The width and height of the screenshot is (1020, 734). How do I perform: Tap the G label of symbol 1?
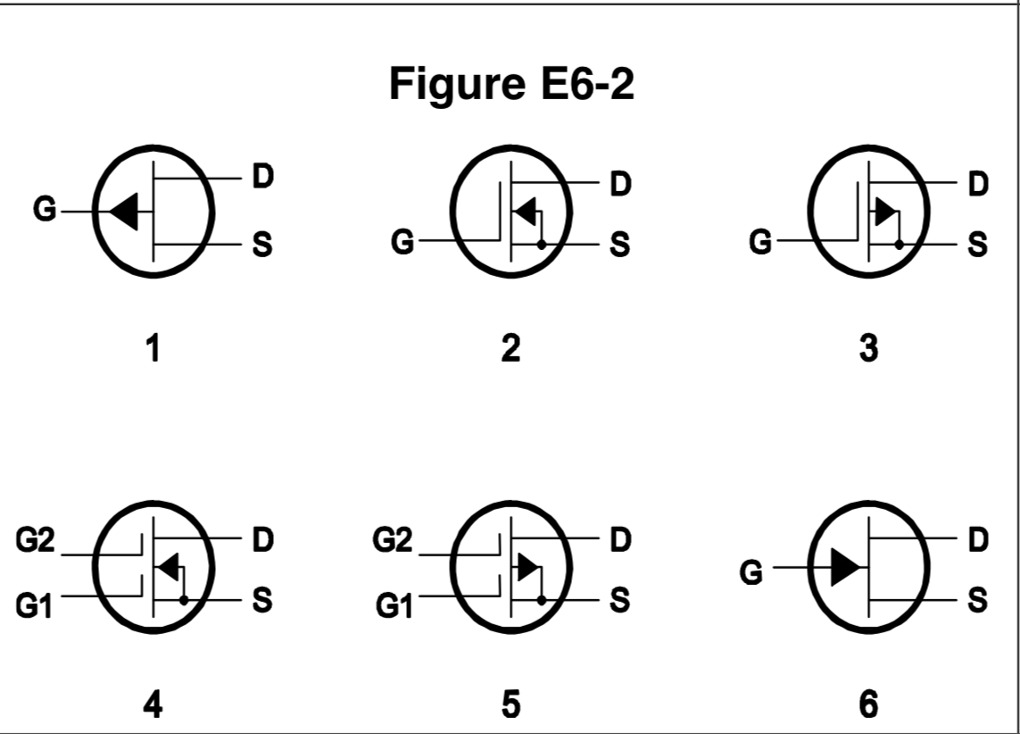pyautogui.click(x=44, y=212)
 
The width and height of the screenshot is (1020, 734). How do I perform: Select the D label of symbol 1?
pyautogui.click(x=261, y=177)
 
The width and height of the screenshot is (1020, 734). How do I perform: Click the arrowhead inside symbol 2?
pyautogui.click(x=526, y=212)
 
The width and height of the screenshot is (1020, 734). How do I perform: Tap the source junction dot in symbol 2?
pyautogui.click(x=541, y=243)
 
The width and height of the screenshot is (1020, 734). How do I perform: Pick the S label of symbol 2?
pyautogui.click(x=618, y=244)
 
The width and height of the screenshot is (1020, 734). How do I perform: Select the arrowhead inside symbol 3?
pyautogui.click(x=884, y=212)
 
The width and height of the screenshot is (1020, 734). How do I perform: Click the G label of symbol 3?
pyautogui.click(x=759, y=242)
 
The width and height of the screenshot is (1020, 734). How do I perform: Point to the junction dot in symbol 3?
pyautogui.click(x=899, y=243)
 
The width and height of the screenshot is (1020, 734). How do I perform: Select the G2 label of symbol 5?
pyautogui.click(x=393, y=540)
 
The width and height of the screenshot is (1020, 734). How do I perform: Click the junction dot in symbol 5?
pyautogui.click(x=541, y=600)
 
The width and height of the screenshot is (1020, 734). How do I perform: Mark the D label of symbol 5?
pyautogui.click(x=619, y=539)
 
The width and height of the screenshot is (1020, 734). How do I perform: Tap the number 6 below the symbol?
pyautogui.click(x=868, y=705)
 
